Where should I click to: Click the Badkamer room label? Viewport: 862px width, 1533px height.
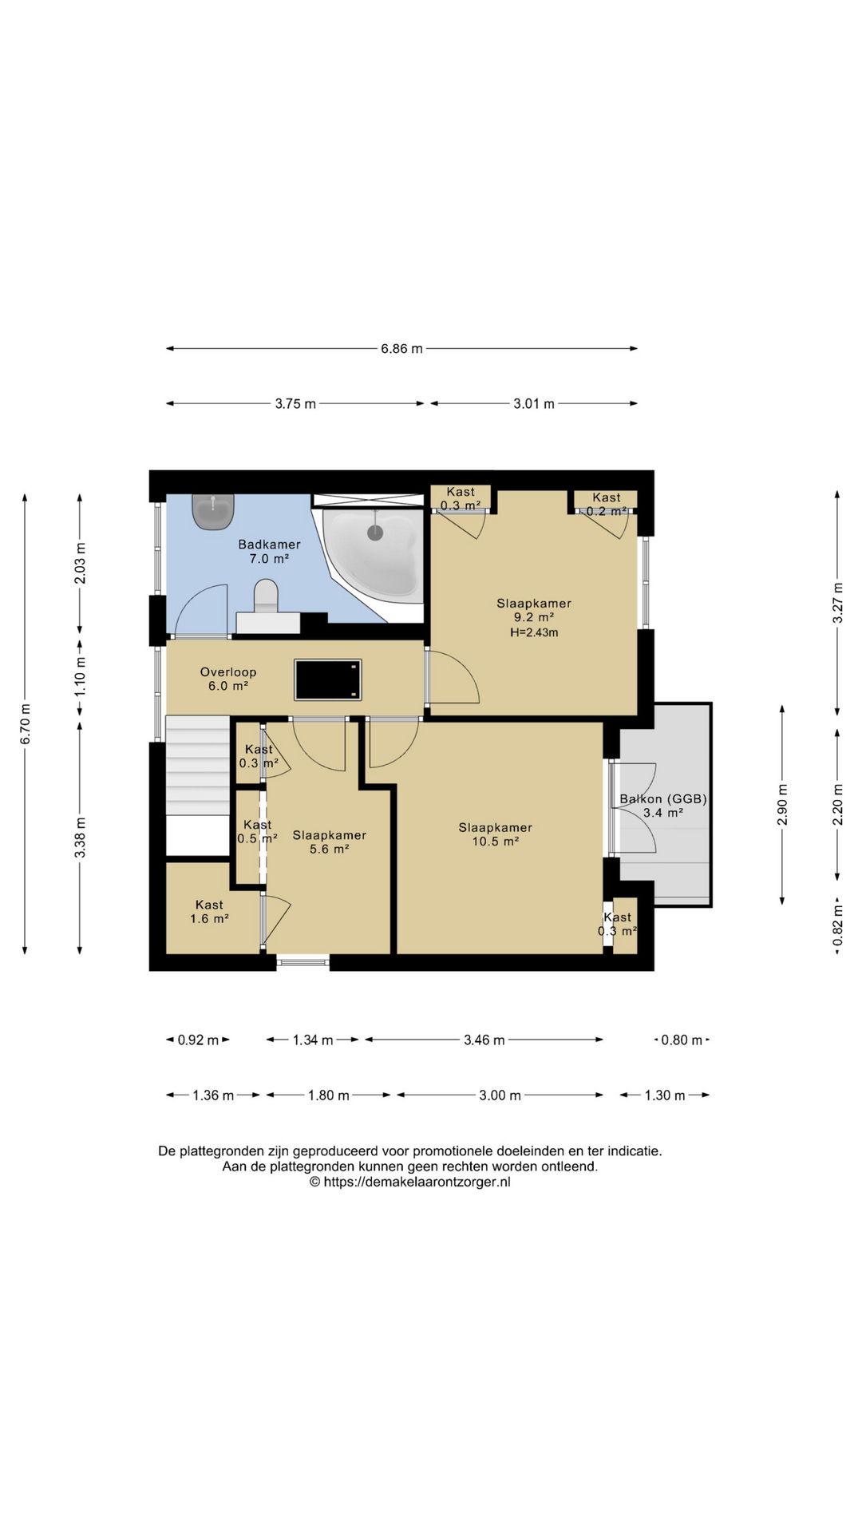(x=269, y=545)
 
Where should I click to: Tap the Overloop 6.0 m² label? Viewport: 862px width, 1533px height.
(x=228, y=679)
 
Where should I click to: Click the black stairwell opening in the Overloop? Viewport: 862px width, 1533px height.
(x=328, y=679)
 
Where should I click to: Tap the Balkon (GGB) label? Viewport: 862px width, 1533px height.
(x=663, y=798)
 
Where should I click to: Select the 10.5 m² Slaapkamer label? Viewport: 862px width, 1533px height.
(x=496, y=834)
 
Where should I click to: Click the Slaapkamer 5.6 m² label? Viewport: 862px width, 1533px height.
(x=329, y=842)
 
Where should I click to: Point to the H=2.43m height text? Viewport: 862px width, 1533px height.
(x=534, y=632)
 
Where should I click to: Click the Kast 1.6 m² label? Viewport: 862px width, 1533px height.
(x=209, y=912)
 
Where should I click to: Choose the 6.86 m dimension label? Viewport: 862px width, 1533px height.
(x=401, y=348)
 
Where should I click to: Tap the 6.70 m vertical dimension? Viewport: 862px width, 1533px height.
(x=25, y=723)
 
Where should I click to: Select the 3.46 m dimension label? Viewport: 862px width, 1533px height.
(x=484, y=1040)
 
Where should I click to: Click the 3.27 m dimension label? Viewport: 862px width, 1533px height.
(x=837, y=604)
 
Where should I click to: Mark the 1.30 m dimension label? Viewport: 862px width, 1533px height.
(x=665, y=1095)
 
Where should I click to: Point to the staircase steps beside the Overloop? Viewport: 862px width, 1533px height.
(x=197, y=766)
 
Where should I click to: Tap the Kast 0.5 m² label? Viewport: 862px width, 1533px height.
(x=257, y=831)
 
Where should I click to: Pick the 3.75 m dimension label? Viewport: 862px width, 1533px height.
(x=295, y=404)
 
